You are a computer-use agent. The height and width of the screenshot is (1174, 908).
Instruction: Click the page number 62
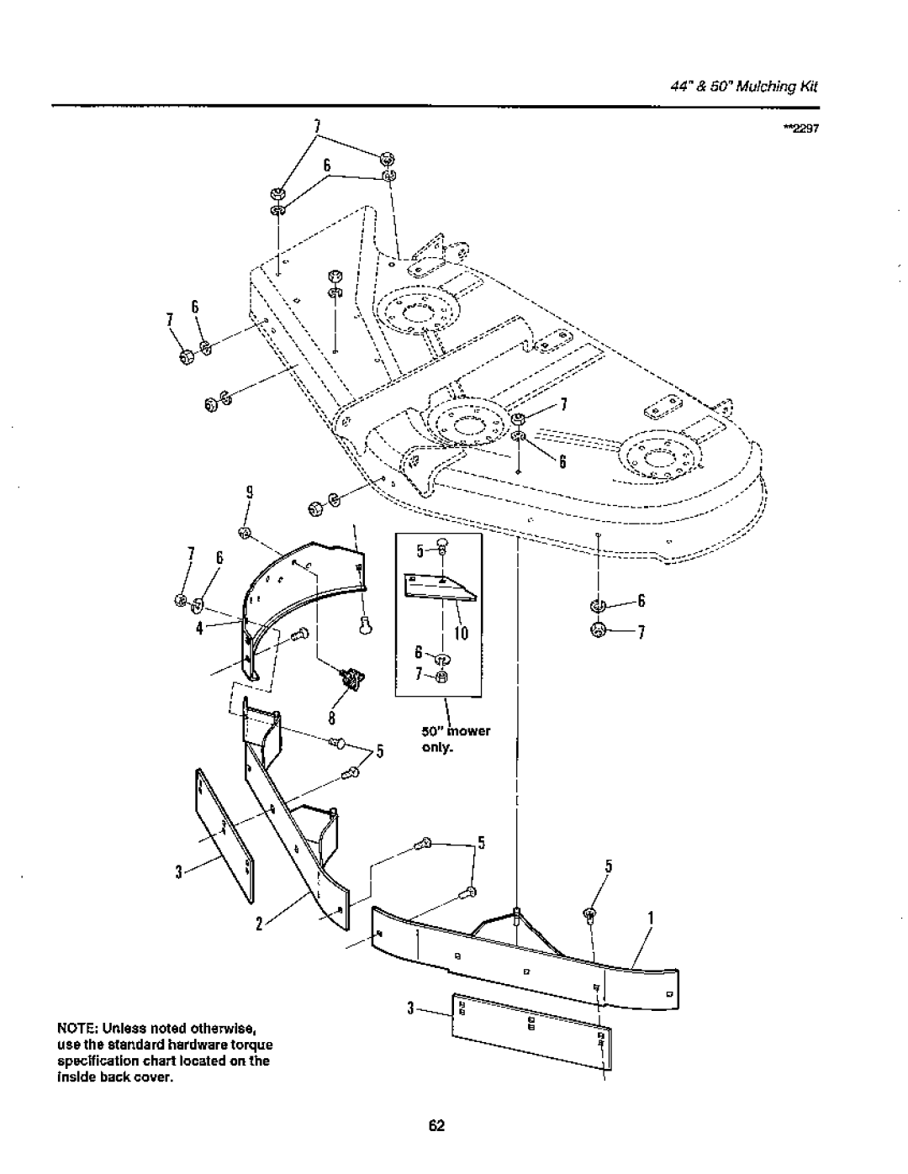436,1125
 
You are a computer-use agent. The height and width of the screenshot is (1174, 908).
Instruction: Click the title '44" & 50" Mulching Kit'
744,87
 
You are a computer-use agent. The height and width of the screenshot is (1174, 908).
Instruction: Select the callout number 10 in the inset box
461,633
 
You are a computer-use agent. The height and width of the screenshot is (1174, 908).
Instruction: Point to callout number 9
250,492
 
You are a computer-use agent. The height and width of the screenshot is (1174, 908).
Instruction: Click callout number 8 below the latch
332,718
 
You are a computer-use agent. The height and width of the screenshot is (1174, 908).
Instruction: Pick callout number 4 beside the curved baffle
200,629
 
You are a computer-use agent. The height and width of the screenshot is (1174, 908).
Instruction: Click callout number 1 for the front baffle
652,918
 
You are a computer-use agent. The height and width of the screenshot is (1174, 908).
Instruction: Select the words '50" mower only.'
456,740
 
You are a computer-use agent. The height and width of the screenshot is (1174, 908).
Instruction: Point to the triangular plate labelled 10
440,587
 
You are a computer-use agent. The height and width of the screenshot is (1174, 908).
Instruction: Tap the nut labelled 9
245,533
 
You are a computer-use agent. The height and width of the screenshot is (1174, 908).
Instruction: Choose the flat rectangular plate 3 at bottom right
532,1032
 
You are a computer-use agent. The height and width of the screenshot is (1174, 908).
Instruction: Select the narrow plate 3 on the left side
224,835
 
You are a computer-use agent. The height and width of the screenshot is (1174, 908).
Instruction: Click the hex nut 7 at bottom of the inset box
442,676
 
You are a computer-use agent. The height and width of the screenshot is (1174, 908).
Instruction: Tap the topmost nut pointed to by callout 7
387,159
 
